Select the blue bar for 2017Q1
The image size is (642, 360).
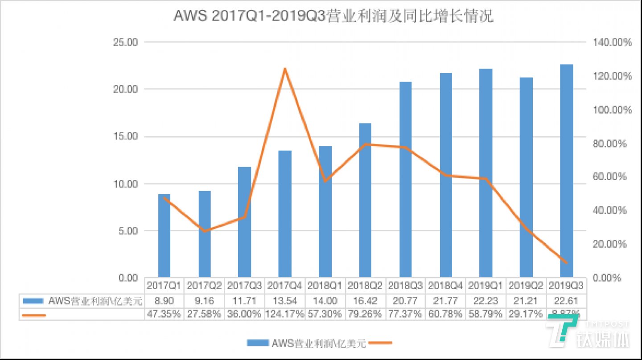point(164,236)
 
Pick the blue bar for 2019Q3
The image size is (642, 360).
point(567,171)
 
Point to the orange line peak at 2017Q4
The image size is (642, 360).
point(285,69)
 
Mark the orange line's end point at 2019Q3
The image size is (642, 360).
point(567,263)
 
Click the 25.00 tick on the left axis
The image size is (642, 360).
point(126,42)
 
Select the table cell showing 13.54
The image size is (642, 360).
point(285,301)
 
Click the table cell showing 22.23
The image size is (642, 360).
point(486,301)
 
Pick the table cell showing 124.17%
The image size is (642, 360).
point(285,314)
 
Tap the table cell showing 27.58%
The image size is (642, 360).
point(204,314)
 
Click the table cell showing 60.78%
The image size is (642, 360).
point(446,314)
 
